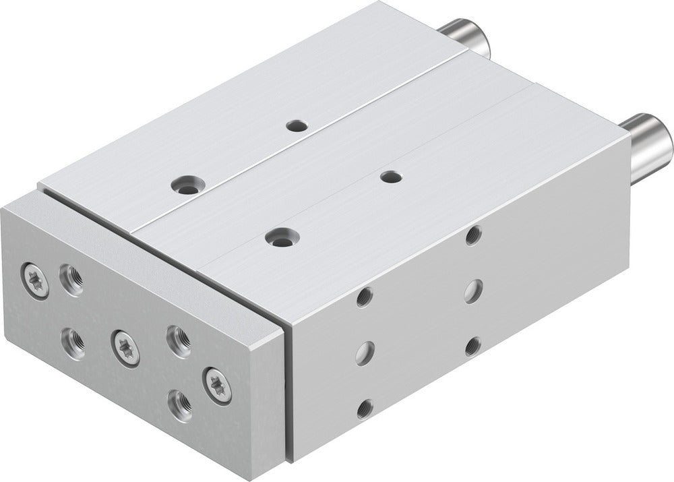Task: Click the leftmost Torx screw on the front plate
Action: [x=34, y=280]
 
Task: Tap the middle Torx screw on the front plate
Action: [x=126, y=347]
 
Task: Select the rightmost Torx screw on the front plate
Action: [x=217, y=386]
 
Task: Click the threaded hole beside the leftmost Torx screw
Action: [x=71, y=278]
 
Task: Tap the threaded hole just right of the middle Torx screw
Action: [x=178, y=341]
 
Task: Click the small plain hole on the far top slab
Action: [x=295, y=125]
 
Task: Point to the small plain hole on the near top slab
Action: [x=391, y=177]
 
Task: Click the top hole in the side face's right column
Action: [x=473, y=235]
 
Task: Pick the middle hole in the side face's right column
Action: [x=472, y=291]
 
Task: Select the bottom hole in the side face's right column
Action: [x=472, y=346]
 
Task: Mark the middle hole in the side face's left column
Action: [x=365, y=352]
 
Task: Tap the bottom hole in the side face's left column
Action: [x=365, y=408]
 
